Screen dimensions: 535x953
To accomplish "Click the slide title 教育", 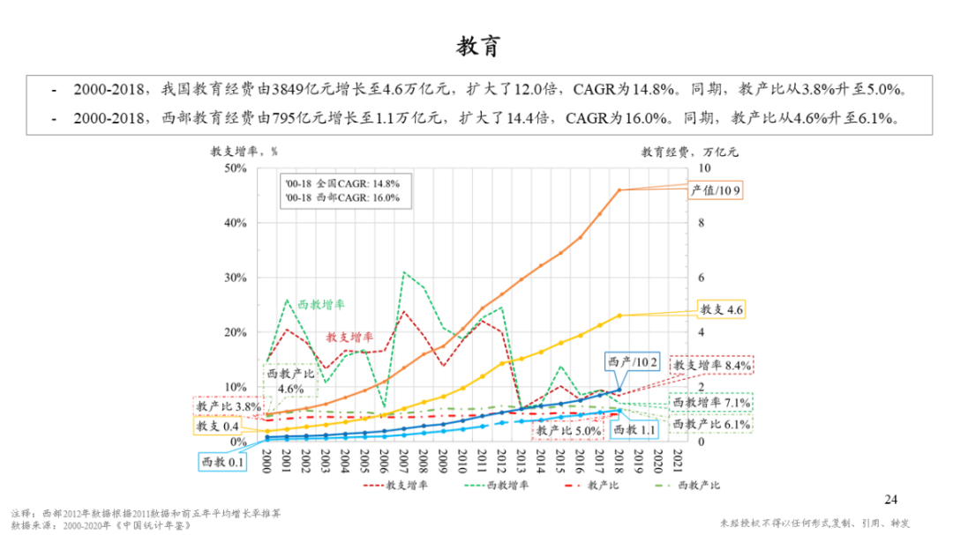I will point(477,46).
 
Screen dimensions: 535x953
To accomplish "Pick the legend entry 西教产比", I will point(693,486).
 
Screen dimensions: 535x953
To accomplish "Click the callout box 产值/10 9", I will point(716,190).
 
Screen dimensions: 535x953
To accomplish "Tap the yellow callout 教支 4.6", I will point(722,309).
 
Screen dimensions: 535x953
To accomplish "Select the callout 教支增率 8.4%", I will point(711,365).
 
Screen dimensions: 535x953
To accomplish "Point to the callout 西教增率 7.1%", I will point(711,402).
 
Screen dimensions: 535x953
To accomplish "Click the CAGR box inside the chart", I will point(341,190).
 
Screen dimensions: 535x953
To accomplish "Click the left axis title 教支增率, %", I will point(237,151).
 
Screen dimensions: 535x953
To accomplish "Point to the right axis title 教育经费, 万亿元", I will point(689,151).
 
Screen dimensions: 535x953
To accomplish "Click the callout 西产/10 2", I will point(632,363).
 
